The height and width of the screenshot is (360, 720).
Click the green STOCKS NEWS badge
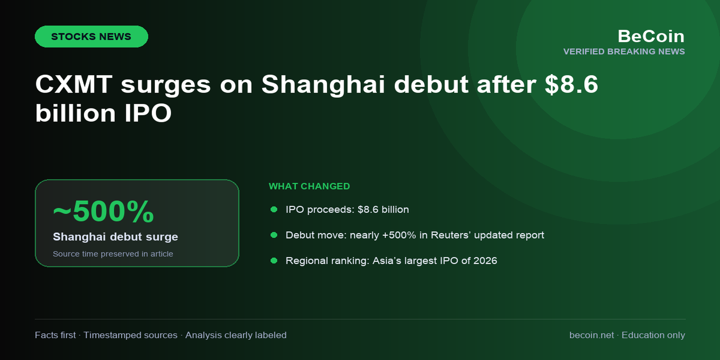pos(91,36)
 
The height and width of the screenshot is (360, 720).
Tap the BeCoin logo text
pos(651,36)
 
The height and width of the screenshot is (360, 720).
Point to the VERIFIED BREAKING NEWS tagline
pos(624,51)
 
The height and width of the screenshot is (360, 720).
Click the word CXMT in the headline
pos(74,84)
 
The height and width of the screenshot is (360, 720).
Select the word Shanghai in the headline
pos(323,84)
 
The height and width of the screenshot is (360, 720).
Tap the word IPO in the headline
pos(148,113)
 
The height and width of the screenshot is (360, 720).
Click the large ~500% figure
pos(103,211)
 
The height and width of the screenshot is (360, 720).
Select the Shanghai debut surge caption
pos(115,237)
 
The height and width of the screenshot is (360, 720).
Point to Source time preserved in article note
pos(113,254)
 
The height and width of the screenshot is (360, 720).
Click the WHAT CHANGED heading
pos(309,186)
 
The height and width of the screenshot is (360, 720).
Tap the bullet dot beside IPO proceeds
pos(274,209)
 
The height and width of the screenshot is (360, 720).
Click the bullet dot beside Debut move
pos(274,235)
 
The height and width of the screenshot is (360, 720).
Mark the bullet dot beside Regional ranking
pos(274,260)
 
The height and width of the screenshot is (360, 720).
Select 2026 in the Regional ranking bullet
pos(485,260)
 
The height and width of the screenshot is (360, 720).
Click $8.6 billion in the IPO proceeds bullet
pos(383,209)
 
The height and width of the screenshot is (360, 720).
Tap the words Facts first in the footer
pos(55,335)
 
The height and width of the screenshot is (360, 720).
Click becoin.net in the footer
pos(591,335)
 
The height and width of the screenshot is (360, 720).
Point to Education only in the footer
pos(653,335)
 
